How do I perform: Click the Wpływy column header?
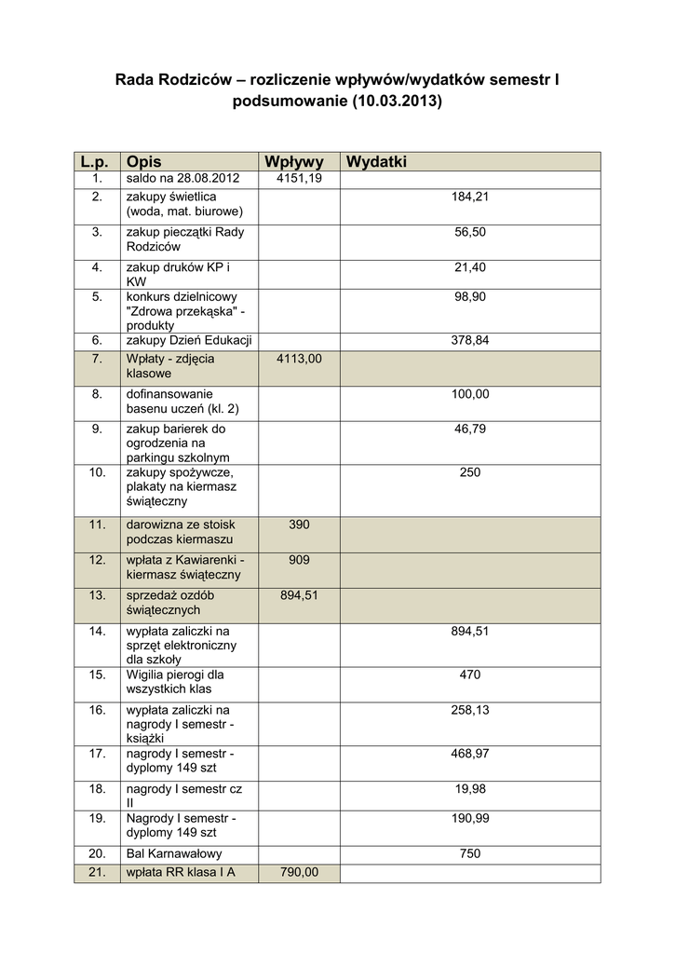(293, 162)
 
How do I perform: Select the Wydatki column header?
(376, 162)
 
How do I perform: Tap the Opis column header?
(143, 162)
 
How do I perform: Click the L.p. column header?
(96, 162)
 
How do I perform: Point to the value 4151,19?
(299, 178)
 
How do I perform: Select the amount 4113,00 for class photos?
(299, 359)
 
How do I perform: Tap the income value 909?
(299, 560)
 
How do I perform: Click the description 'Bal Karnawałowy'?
(174, 853)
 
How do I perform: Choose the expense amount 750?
(470, 853)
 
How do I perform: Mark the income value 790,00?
(299, 872)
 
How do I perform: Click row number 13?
(97, 595)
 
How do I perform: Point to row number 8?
(97, 394)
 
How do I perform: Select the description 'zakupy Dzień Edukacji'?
(190, 341)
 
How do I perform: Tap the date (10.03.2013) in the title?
(398, 102)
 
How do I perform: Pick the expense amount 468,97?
(469, 753)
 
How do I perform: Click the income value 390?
(299, 525)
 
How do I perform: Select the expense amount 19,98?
(469, 788)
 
